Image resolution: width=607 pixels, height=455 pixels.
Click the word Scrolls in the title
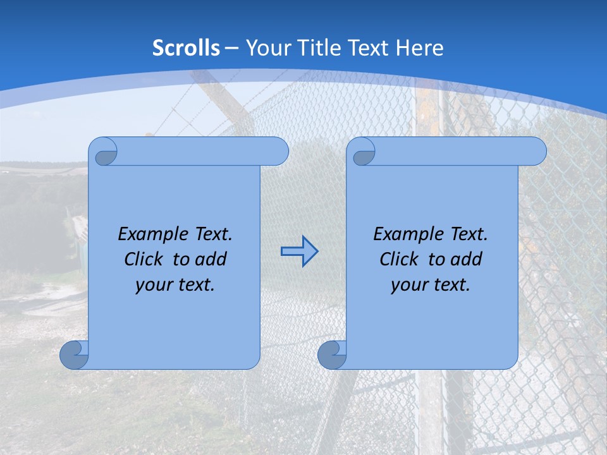click(x=187, y=48)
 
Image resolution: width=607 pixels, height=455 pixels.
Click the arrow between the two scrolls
click(x=299, y=252)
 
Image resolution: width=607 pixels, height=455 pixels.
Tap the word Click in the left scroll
click(x=143, y=260)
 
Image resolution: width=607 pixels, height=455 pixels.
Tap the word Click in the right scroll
click(x=398, y=260)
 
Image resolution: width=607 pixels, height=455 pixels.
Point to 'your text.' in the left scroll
click(x=175, y=285)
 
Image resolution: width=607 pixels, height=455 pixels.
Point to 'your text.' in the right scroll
click(x=431, y=285)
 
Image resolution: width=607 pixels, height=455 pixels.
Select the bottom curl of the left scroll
click(x=74, y=355)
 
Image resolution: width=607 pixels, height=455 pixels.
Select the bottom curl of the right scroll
click(x=332, y=355)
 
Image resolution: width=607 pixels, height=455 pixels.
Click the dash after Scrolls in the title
click(x=231, y=48)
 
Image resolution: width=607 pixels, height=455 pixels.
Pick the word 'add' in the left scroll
click(x=211, y=260)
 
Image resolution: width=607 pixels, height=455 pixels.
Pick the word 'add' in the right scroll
click(x=466, y=260)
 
